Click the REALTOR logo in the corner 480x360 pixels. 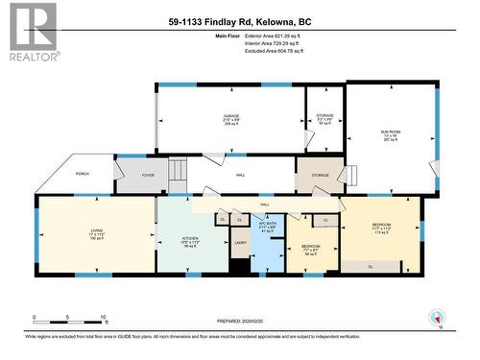click(31, 32)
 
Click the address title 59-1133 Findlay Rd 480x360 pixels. click(239, 20)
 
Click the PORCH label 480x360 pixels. click(83, 174)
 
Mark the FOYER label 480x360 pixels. click(148, 175)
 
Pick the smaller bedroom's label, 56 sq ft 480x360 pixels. click(311, 249)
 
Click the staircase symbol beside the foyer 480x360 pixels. click(177, 174)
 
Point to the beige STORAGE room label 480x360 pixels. click(319, 175)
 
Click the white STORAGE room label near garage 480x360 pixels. click(324, 118)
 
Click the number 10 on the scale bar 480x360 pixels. click(103, 317)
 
